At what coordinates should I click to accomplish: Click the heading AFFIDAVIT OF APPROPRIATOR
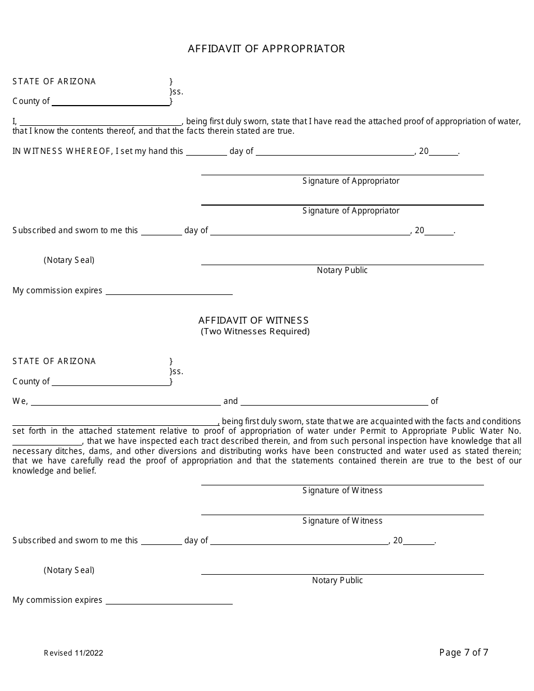tap(266, 49)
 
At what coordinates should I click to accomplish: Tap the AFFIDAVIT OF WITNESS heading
tap(254, 320)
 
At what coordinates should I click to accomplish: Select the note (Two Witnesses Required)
tap(255, 331)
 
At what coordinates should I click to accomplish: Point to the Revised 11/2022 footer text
tap(74, 653)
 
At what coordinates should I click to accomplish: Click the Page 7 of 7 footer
tap(464, 652)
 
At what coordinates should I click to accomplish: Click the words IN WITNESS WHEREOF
tap(62, 151)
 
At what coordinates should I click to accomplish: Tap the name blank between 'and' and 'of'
tap(334, 402)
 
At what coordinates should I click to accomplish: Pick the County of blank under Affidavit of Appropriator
tap(110, 102)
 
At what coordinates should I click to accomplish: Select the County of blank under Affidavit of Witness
tap(110, 382)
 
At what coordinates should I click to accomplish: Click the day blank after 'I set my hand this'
tap(206, 152)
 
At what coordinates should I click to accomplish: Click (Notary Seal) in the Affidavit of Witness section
tap(69, 570)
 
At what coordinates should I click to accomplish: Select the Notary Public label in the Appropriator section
tap(342, 270)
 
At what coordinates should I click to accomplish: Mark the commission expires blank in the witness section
tap(169, 601)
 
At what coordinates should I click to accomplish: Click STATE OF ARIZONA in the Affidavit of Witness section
tap(54, 361)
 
